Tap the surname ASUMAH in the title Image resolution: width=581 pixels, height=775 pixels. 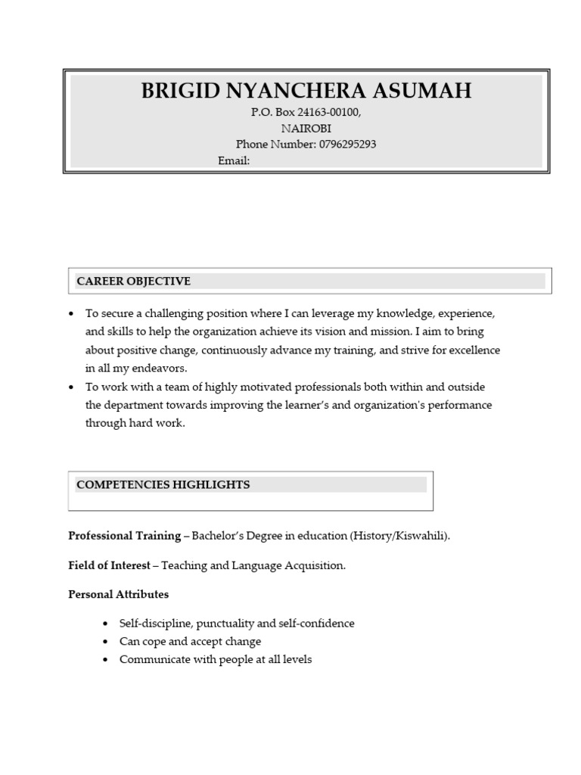424,92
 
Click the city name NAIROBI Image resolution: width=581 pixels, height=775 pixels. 306,129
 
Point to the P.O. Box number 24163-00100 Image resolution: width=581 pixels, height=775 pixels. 328,112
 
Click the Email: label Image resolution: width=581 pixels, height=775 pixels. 234,161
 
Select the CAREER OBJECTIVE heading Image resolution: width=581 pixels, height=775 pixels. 134,282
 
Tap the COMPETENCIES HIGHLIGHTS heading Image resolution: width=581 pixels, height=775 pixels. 163,484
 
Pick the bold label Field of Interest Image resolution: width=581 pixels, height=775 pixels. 109,565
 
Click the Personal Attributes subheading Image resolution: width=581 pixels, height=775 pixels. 119,594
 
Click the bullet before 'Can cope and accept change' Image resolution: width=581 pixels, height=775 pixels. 105,642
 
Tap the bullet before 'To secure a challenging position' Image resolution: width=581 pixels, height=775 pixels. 71,313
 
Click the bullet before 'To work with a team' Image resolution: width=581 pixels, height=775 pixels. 71,387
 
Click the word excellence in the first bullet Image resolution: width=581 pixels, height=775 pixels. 473,350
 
